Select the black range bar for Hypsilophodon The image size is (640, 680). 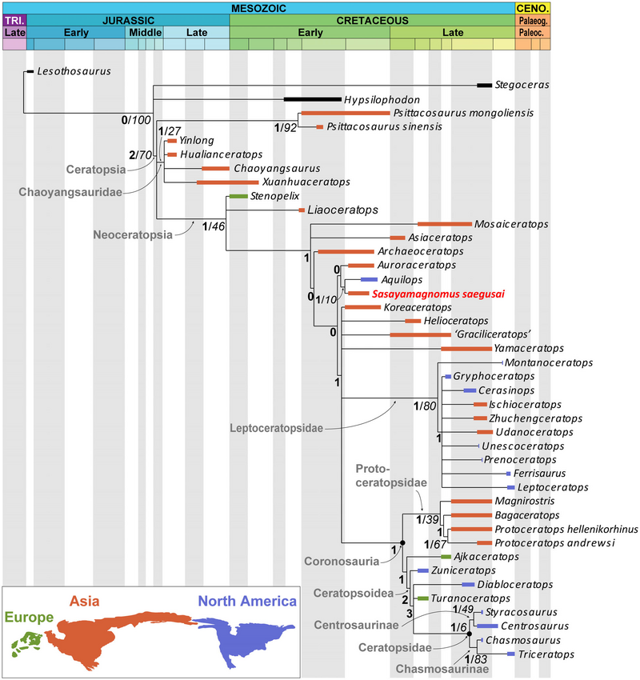pos(312,99)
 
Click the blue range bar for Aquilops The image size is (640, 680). pos(368,279)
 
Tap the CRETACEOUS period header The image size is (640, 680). pos(372,19)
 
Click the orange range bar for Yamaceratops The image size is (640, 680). pos(466,349)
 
